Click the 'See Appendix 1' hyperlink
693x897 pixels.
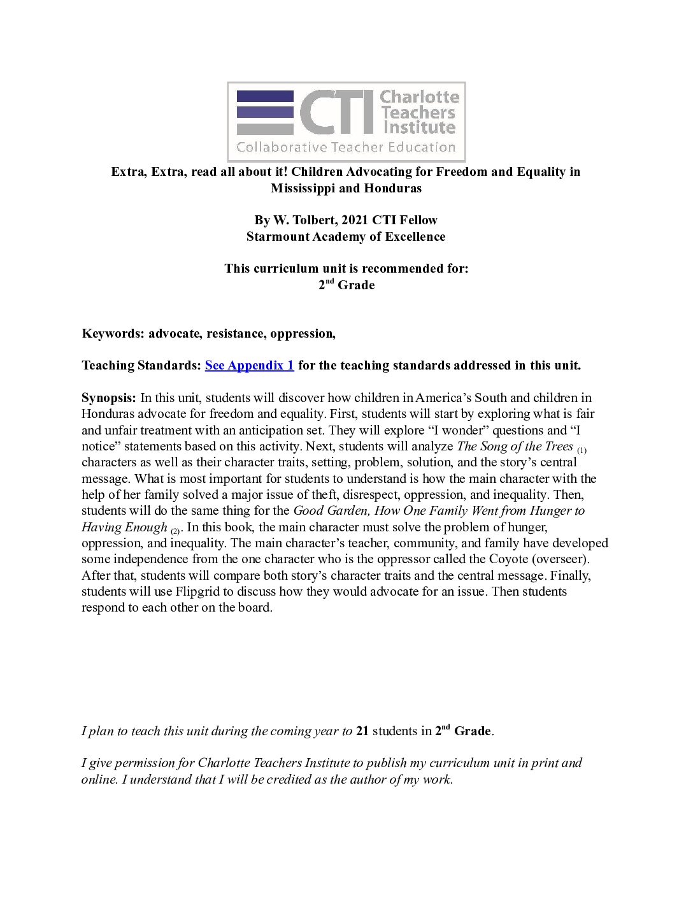[x=249, y=365]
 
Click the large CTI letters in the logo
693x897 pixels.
[x=336, y=112]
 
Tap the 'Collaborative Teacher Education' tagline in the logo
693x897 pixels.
[x=346, y=147]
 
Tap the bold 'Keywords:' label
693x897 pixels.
[x=113, y=333]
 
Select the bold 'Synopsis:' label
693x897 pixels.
[x=108, y=398]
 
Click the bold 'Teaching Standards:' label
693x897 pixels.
[x=141, y=365]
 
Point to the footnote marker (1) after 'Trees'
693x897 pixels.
[x=582, y=450]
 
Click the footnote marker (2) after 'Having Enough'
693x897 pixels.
[x=175, y=530]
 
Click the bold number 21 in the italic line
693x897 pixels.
[x=362, y=731]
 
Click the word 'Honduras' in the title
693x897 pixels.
[x=393, y=188]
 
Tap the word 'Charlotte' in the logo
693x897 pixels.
[x=420, y=97]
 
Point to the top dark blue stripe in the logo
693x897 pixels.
[x=265, y=96]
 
